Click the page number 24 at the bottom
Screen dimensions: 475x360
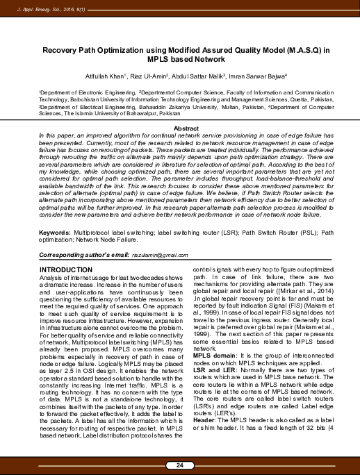(x=180, y=465)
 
